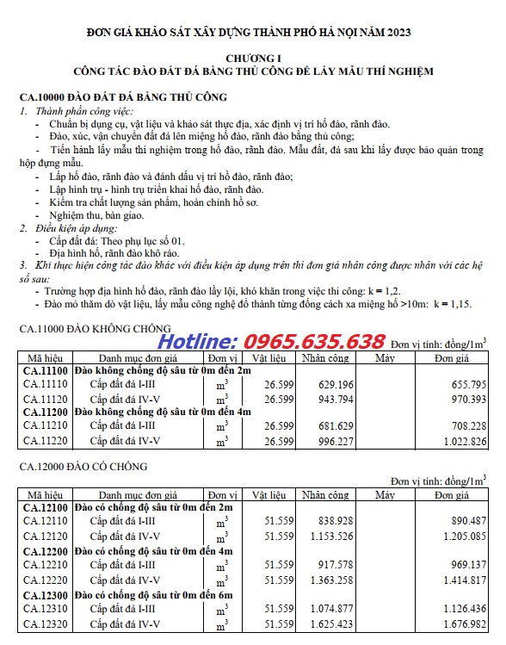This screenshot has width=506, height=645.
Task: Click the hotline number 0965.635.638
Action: (314, 340)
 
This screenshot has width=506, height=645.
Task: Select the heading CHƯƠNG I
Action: (253, 57)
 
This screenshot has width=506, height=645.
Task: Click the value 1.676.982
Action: (460, 623)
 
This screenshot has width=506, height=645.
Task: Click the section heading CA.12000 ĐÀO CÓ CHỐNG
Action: (83, 467)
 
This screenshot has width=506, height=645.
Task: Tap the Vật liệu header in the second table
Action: (269, 495)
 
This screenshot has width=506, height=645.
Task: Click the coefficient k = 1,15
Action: (452, 305)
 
